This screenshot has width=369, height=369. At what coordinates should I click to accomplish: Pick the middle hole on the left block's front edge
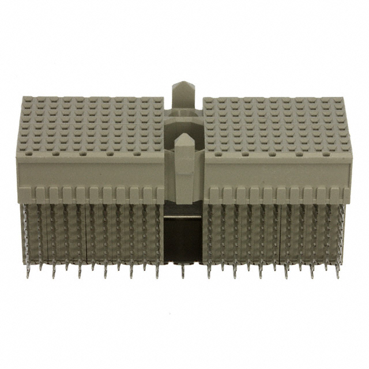[83, 155]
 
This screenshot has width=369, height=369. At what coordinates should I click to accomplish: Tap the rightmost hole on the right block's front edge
[325, 155]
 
